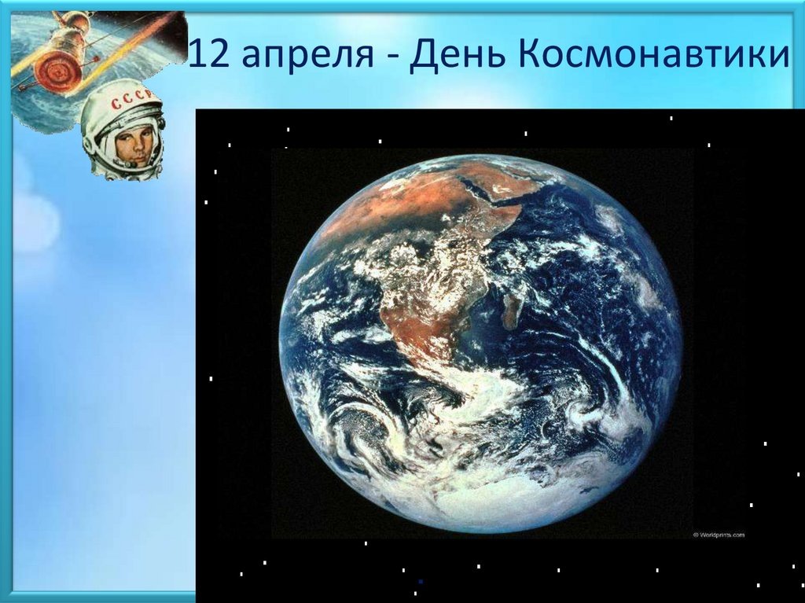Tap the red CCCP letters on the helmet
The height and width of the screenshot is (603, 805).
(x=123, y=105)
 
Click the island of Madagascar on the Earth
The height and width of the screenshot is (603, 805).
(x=513, y=307)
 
